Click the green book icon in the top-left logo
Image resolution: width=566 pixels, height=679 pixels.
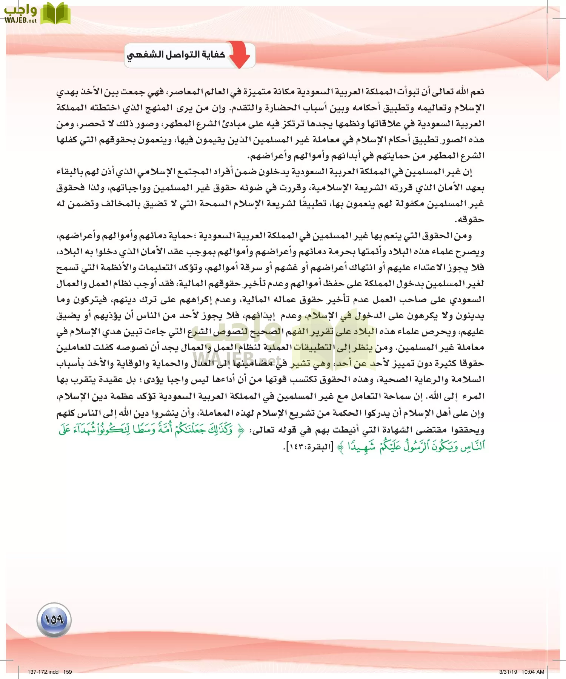[x=55, y=14]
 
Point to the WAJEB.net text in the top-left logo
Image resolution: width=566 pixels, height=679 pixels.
[x=20, y=21]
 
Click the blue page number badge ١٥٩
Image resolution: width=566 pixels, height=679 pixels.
[x=54, y=619]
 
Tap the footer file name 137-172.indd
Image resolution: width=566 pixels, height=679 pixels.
[x=43, y=672]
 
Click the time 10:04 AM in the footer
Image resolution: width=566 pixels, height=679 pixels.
[x=533, y=672]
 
